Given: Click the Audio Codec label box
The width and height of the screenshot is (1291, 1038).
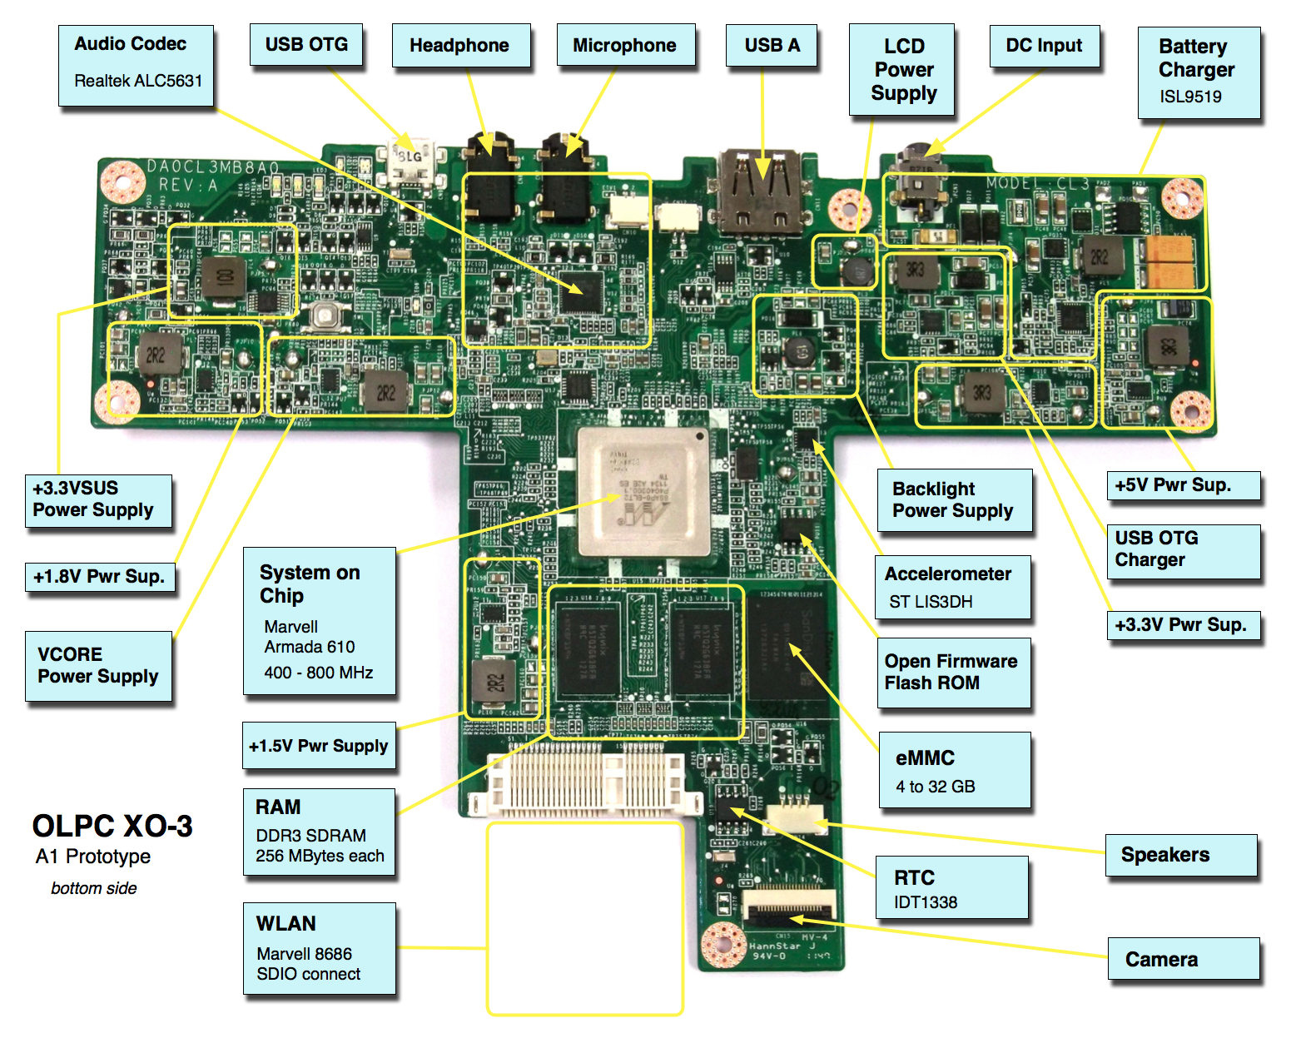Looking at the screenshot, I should click(136, 65).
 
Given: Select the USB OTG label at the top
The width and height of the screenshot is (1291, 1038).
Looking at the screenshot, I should click(306, 45).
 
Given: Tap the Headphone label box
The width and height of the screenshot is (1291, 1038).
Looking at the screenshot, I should click(460, 46).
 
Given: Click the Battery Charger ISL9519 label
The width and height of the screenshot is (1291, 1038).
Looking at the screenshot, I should click(1198, 72).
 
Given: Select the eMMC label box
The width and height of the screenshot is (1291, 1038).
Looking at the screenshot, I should click(954, 770).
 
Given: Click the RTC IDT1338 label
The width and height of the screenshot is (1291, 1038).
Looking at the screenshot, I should click(951, 888).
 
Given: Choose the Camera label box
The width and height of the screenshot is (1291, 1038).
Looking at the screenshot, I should click(1183, 959).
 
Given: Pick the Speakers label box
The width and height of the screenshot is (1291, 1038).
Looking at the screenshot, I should click(1180, 855).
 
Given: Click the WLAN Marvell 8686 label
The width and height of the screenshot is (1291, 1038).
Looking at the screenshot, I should click(319, 948).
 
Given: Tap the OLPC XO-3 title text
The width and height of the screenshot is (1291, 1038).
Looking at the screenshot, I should click(112, 826).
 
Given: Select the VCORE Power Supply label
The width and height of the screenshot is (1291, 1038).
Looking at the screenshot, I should click(98, 666).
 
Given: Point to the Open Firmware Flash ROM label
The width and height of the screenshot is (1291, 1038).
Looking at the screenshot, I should click(953, 673).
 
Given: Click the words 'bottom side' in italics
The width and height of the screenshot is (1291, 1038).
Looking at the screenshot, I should click(94, 888).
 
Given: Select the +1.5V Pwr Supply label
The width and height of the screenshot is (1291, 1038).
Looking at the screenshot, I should click(319, 746).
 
